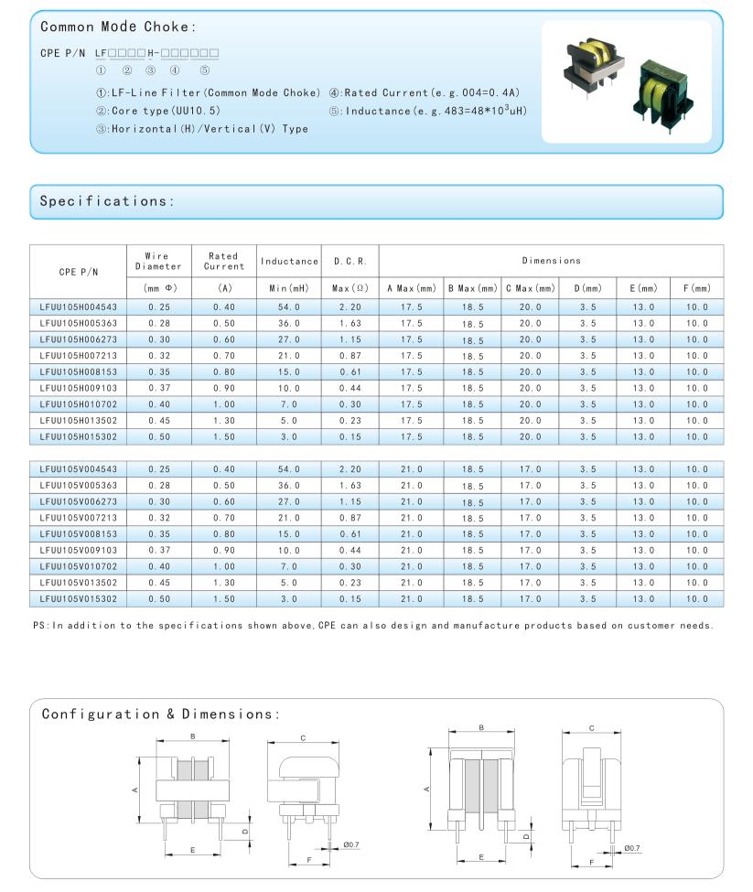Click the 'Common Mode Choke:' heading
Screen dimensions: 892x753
(118, 27)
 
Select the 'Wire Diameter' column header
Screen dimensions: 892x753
(158, 261)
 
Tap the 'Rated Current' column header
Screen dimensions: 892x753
(224, 261)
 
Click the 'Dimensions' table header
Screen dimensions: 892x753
(551, 261)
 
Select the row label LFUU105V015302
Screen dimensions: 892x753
(77, 598)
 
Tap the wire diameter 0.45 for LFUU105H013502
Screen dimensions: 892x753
(158, 421)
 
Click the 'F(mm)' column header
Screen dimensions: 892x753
(696, 288)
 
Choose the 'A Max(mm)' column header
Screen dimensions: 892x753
(410, 288)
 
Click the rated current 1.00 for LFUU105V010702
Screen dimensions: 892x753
(224, 566)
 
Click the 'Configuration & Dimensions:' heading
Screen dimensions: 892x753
(160, 714)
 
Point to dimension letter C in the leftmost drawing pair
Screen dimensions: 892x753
(303, 737)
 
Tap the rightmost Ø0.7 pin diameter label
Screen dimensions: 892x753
(632, 848)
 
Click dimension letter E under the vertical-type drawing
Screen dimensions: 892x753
(481, 857)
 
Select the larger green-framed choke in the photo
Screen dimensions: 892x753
(663, 91)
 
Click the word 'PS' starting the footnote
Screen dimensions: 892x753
(38, 626)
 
